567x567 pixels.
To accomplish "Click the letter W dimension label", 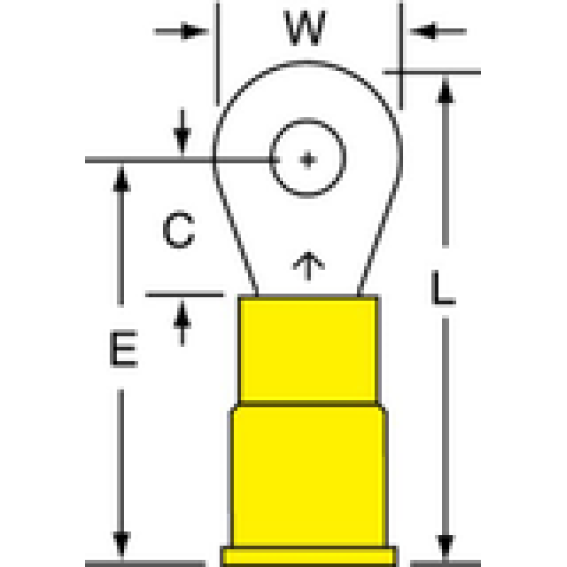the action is (x=305, y=28).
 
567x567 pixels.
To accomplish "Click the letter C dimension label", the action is (x=179, y=230).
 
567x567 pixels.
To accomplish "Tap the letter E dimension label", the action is (x=124, y=349).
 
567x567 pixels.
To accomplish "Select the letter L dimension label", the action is (x=443, y=288).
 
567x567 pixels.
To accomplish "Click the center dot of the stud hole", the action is (x=308, y=159).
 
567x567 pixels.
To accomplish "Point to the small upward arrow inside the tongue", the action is (x=308, y=266).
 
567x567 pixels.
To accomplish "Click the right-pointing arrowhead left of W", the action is (x=195, y=32).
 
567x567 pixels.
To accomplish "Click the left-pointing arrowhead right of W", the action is (x=424, y=31).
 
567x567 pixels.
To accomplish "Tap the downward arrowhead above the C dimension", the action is (x=182, y=142).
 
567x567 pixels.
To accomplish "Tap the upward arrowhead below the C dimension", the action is (x=182, y=315).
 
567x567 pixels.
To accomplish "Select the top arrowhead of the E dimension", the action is (x=121, y=178).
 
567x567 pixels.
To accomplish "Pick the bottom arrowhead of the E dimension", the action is (x=121, y=545).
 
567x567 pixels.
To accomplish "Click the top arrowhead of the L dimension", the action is (x=446, y=90).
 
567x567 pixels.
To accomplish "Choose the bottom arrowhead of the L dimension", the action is (x=446, y=547).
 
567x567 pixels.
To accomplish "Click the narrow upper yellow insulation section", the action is (x=308, y=349).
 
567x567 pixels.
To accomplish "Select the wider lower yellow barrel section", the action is (x=308, y=476).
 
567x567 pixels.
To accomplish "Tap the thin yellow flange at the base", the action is (x=308, y=555).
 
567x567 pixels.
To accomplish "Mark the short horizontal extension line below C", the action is (x=184, y=295).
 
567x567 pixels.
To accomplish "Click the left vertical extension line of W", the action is (x=217, y=54).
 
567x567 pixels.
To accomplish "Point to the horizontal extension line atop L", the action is (x=432, y=72).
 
